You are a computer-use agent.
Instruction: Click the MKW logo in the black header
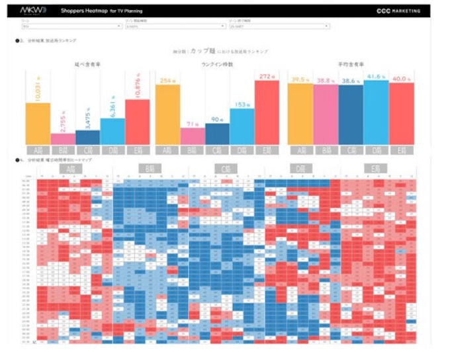(32, 11)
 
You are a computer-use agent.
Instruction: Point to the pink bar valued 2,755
(63, 139)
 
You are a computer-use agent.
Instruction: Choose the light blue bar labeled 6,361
(112, 131)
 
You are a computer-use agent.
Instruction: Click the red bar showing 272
(267, 112)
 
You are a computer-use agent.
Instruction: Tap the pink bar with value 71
(193, 136)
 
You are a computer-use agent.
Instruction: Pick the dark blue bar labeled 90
(217, 134)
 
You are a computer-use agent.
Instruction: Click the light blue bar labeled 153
(242, 126)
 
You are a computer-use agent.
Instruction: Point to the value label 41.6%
(375, 77)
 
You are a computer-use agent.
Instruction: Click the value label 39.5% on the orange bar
(301, 79)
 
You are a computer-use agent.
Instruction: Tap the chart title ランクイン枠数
(218, 64)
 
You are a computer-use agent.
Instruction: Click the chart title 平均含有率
(351, 64)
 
